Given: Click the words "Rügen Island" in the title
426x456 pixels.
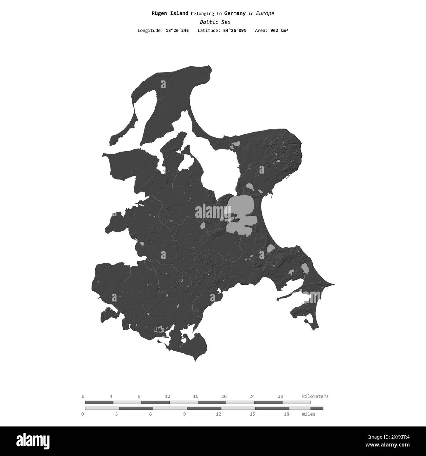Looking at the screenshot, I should point(170,13).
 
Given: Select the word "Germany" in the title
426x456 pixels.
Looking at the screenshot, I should point(235,13).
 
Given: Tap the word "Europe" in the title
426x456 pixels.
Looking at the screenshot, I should point(265,13).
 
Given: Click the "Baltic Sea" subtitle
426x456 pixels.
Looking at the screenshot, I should point(215,22).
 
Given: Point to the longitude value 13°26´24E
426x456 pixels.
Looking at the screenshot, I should point(177,31).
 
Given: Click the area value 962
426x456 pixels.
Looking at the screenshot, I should point(274,31).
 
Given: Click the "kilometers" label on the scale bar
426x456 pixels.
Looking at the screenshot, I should point(315,396).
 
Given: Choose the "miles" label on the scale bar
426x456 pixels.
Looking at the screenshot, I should point(308,414).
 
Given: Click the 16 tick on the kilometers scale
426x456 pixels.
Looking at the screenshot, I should point(196,396).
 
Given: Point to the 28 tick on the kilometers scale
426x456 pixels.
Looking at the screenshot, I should point(280,396).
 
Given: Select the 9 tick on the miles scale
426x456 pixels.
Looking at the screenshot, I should point(184,414).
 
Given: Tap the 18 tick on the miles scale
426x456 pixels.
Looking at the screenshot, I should point(286,414).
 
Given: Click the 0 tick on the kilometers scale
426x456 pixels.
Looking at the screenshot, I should point(83,396).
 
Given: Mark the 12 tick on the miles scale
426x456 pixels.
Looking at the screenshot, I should point(219,414).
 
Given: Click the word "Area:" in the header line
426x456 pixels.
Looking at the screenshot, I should point(261,31).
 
